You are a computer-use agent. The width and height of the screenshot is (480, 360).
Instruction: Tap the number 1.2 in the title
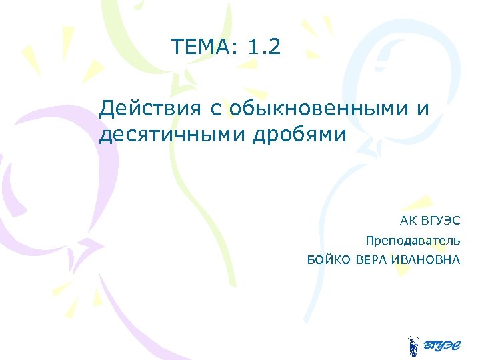coord(264,47)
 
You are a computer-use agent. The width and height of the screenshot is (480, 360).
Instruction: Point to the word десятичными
coord(172,135)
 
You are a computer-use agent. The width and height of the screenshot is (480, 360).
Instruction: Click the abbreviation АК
coord(407,221)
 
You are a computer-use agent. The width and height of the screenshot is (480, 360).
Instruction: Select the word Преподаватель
coord(412,240)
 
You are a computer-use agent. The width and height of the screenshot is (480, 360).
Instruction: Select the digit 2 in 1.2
coord(275,47)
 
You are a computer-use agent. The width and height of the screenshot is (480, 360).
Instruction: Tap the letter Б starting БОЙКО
coord(311,259)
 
